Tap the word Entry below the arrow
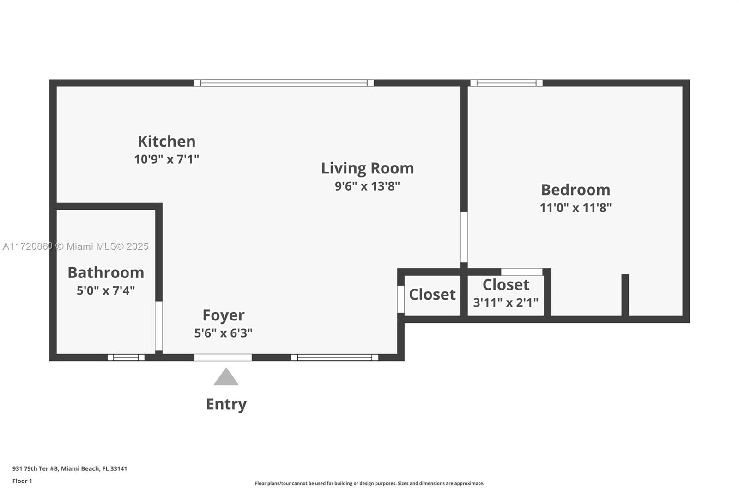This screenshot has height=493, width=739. coord(226,404)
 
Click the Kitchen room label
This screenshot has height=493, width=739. coord(166,141)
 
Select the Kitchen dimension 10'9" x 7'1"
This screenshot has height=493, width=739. coord(166,159)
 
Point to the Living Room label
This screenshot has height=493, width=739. coord(367,168)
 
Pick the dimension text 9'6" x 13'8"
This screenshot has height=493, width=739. coord(367,186)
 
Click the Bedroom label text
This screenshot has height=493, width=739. coord(575,190)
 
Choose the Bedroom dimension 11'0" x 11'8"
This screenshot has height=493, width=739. coord(575,208)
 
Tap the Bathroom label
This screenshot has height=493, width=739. coord(106,272)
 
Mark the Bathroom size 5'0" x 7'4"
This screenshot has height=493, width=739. coord(106,290)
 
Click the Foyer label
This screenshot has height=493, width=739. coord(224,315)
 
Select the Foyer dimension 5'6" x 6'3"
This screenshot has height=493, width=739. coord(224,333)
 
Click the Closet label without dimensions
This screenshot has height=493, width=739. coord(432,294)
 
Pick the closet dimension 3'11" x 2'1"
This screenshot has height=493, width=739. coord(506,302)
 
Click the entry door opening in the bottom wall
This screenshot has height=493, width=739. coord(223,357)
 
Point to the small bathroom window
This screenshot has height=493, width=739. coord(126,357)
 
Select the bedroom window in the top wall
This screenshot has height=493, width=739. coord(506,83)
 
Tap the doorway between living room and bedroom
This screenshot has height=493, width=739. coord(464,237)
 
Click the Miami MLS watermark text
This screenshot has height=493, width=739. coord(76,246)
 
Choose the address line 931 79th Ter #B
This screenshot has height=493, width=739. coord(70,468)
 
